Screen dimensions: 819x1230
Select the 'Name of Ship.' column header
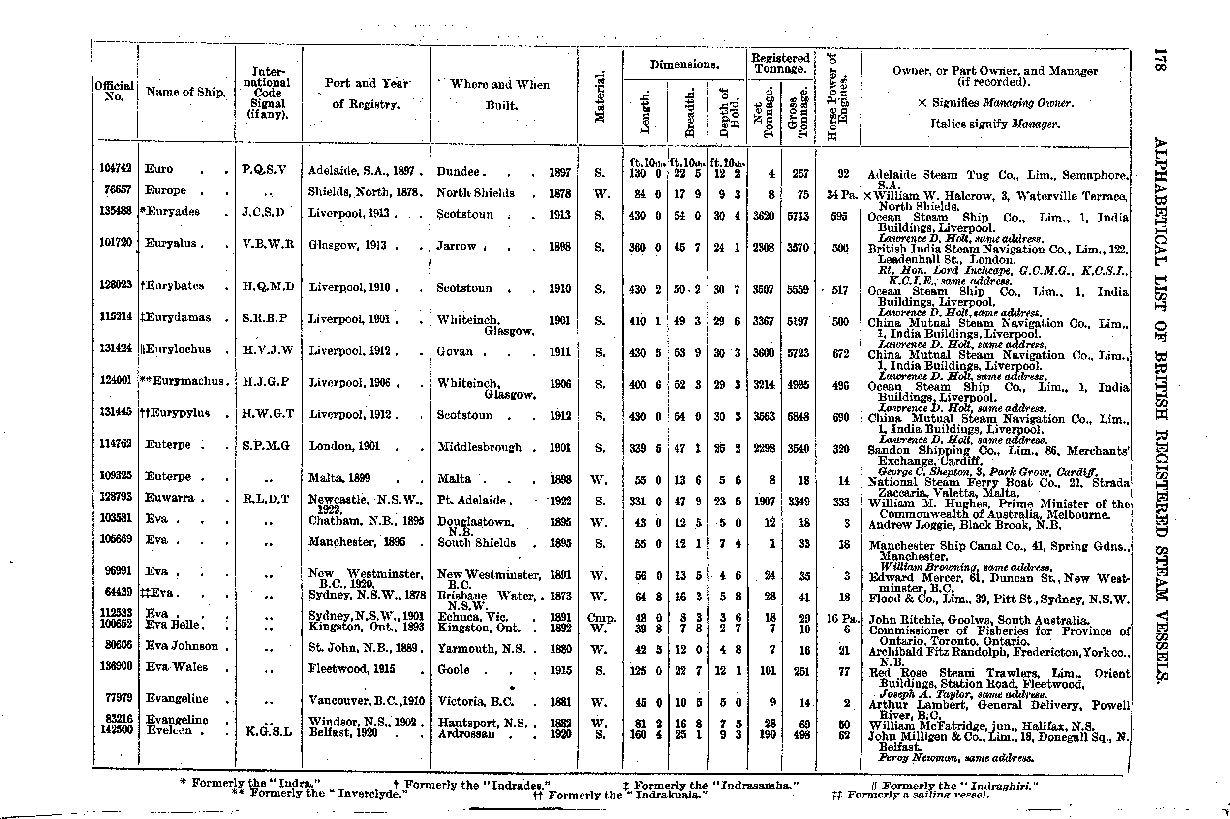[185, 92]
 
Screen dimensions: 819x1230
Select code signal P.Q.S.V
[264, 170]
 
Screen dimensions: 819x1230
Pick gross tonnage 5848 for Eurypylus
[798, 417]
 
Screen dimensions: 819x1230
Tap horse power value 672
[840, 353]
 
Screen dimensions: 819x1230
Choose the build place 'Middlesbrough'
[479, 447]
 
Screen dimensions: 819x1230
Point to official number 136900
[116, 666]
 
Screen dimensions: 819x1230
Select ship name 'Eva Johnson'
[182, 646]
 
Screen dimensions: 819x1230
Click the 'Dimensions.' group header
[684, 65]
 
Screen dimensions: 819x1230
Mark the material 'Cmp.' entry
[601, 618]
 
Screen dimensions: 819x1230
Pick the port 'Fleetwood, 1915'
[352, 669]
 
